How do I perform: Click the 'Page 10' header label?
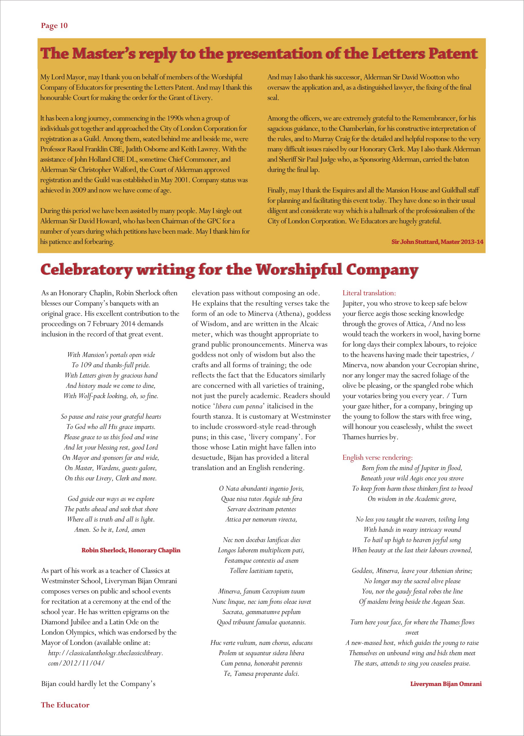click(x=54, y=26)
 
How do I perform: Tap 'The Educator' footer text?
click(x=65, y=705)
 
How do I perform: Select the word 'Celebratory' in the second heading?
click(x=86, y=270)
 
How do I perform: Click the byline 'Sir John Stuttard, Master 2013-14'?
click(x=437, y=242)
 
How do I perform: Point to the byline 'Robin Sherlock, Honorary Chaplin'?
click(x=131, y=550)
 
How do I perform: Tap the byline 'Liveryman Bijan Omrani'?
click(x=446, y=684)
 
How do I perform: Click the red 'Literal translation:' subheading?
click(x=369, y=293)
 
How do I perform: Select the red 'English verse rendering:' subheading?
click(x=377, y=458)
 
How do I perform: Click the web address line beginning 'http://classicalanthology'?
click(x=106, y=653)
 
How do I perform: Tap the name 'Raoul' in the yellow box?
click(x=76, y=149)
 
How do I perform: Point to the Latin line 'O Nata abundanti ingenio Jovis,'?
click(x=261, y=488)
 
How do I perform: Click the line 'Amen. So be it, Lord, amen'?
click(x=110, y=530)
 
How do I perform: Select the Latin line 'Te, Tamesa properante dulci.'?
click(x=261, y=674)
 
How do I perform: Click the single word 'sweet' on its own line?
click(x=412, y=633)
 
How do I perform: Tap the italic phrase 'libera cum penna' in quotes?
click(x=239, y=406)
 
